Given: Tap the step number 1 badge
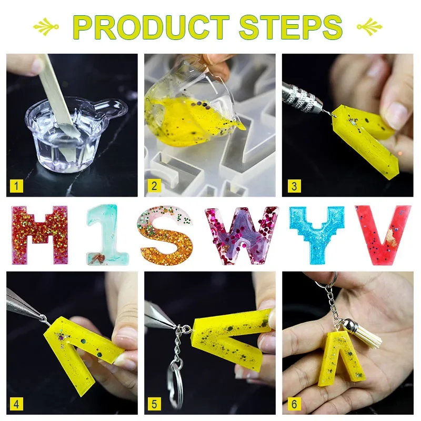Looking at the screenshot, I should click(x=16, y=186).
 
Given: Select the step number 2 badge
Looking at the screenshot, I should click(x=154, y=186).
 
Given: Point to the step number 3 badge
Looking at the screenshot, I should click(x=294, y=186).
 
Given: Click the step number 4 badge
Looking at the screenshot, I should click(x=16, y=404).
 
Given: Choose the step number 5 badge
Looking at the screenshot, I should click(x=154, y=404).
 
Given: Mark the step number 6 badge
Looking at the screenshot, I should click(x=294, y=404).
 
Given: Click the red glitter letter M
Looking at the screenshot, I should click(x=40, y=235).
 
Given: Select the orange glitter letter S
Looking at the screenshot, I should click(x=165, y=235).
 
